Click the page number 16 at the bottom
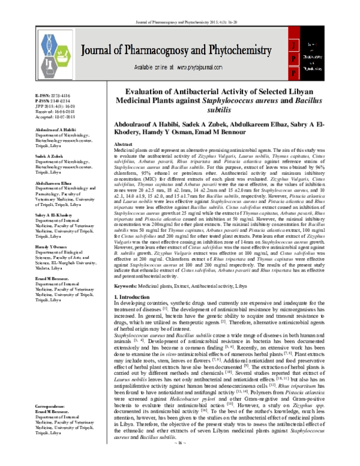click(180, 459)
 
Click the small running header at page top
click(180, 4)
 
